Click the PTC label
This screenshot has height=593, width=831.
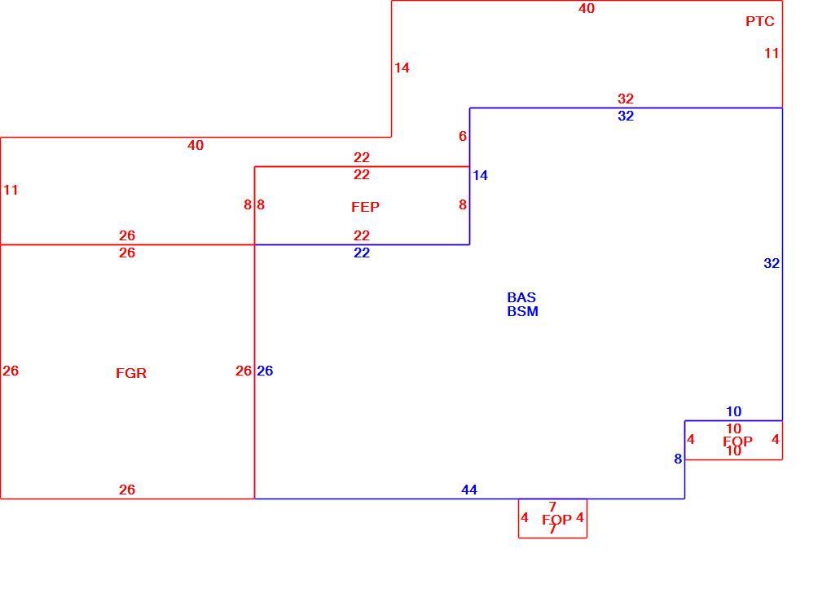pos(760,21)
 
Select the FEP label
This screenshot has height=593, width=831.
pos(365,207)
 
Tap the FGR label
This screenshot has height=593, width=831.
pos(131,373)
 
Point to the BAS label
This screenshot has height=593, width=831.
pos(521,297)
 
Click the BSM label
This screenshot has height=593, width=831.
pos(522,311)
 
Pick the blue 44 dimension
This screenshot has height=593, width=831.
pos(469,490)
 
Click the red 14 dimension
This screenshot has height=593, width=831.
pos(402,68)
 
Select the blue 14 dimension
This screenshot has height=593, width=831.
pos(480,175)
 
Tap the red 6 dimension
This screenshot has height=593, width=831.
pos(463,136)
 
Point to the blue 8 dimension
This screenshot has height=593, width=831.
pos(678,459)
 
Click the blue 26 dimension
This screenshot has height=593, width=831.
pos(265,371)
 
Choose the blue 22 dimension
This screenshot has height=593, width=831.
pos(362,253)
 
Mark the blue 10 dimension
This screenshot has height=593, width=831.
pos(733,412)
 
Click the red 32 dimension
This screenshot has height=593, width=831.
pos(626,99)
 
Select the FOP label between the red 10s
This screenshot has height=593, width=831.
pos(738,441)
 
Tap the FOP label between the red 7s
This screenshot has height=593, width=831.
pos(556,520)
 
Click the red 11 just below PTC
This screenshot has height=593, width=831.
pos(772,53)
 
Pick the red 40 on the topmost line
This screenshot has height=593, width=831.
pos(586,8)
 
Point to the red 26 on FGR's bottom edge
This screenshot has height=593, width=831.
pos(126,490)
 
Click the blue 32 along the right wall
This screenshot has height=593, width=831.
pos(772,263)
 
